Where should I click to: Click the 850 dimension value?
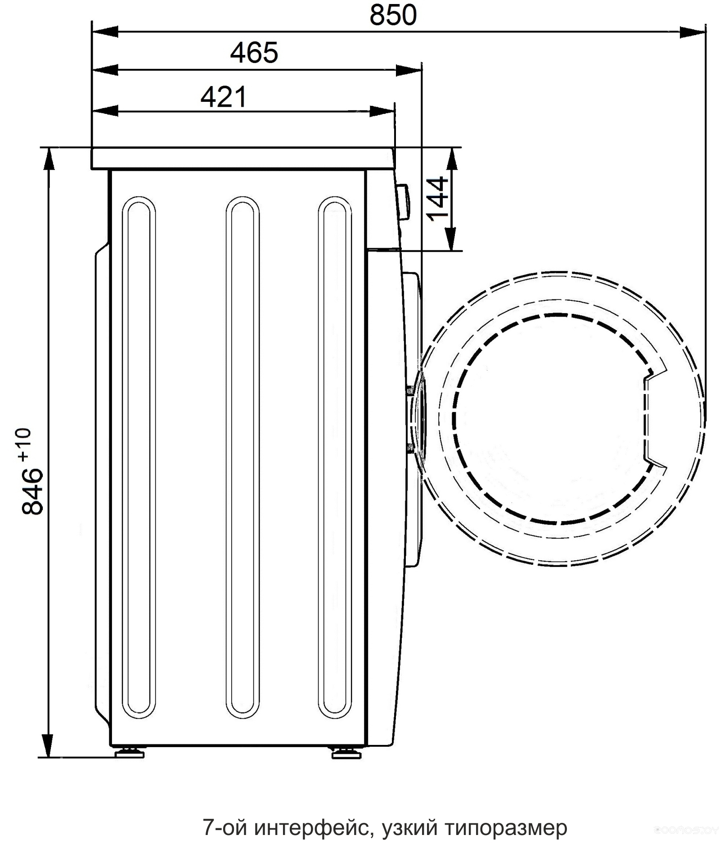coord(393,15)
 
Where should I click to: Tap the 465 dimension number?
coord(254,53)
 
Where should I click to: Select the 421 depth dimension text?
coord(224,97)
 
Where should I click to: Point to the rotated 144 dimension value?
coord(437,199)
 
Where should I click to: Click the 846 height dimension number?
coord(32,490)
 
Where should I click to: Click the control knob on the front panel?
coord(403,201)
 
